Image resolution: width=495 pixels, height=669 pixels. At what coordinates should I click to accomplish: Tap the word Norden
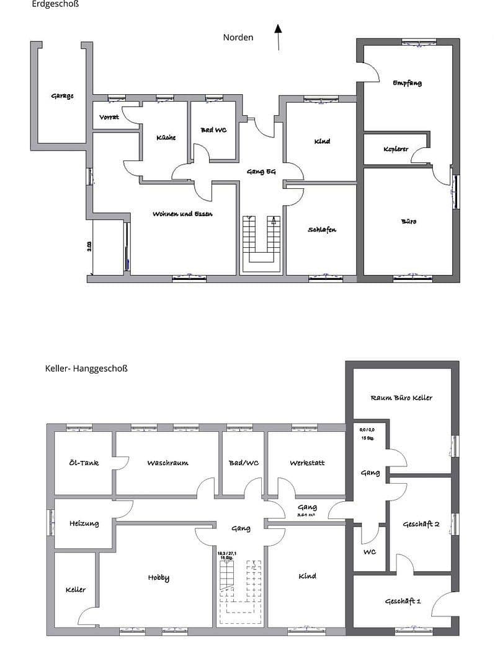click(238, 37)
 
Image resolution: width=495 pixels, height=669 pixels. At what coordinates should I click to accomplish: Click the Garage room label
click(62, 96)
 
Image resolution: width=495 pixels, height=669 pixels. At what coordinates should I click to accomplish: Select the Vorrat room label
click(110, 118)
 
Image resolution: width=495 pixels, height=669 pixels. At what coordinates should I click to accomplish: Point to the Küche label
click(166, 138)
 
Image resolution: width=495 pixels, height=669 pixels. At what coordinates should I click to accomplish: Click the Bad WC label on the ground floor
click(214, 130)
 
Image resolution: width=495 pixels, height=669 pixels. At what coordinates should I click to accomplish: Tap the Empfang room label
click(408, 83)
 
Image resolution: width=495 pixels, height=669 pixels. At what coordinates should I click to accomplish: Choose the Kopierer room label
click(396, 149)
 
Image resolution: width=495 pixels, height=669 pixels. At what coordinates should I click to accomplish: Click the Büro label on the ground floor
click(409, 221)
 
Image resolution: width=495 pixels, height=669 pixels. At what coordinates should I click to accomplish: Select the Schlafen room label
click(322, 230)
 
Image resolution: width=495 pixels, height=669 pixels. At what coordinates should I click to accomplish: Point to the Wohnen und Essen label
click(183, 214)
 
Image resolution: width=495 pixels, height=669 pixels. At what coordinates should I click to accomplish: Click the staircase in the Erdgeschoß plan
click(261, 243)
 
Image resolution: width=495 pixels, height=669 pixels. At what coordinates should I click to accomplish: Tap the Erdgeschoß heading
click(55, 4)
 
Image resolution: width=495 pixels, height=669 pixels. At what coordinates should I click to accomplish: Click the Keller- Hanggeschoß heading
click(86, 368)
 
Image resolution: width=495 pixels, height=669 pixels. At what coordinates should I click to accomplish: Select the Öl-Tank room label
click(84, 463)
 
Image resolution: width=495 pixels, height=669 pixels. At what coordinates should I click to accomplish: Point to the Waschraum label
click(167, 463)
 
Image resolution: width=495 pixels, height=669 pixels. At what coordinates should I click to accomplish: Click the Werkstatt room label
click(307, 463)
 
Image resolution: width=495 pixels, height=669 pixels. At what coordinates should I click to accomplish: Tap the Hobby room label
click(158, 578)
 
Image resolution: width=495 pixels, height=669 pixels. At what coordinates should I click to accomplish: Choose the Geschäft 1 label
click(403, 601)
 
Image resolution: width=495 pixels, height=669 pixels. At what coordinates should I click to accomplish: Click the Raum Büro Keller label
click(401, 398)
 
